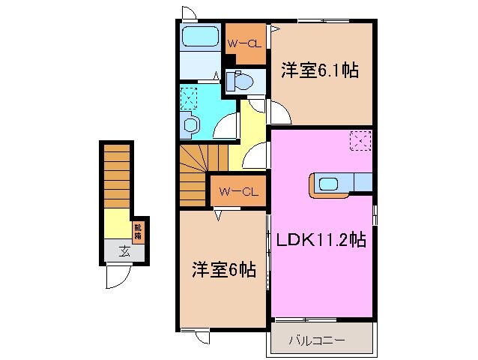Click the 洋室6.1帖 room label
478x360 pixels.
319,72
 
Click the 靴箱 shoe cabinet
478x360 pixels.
139,232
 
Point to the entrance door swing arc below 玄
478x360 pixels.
116,277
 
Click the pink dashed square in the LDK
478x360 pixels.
360,139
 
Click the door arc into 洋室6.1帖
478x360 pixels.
279,112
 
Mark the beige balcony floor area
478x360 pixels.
321,340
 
